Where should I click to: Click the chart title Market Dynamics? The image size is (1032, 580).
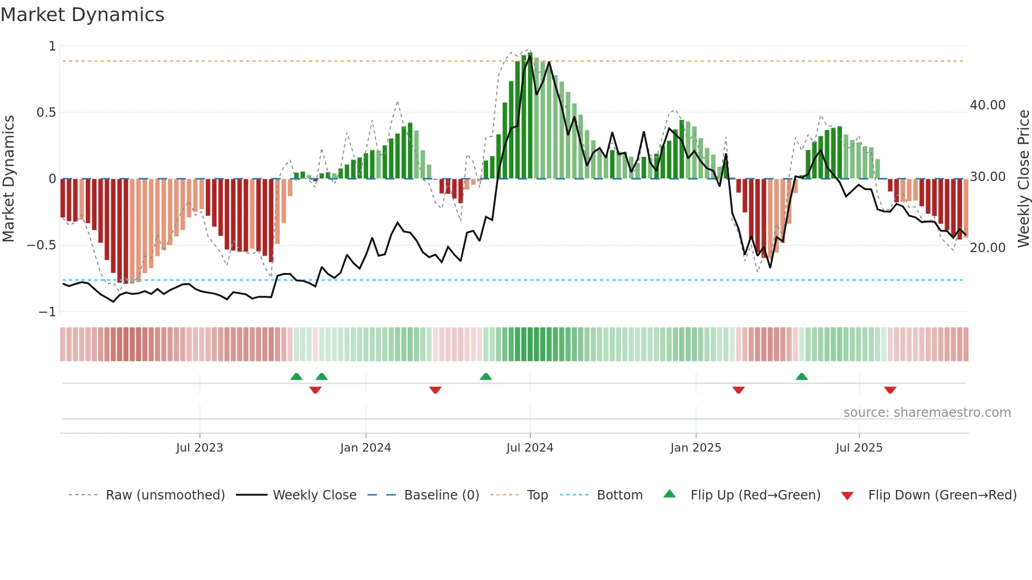point(82,15)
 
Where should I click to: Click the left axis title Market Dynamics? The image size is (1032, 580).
point(8,179)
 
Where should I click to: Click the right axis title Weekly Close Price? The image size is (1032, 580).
point(1023,179)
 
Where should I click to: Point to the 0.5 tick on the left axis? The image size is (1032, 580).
point(46,113)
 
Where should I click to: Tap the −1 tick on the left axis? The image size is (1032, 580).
point(47,312)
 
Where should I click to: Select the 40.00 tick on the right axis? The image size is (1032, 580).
point(987,105)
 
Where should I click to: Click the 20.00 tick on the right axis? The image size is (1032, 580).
point(987,248)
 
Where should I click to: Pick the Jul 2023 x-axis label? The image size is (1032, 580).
point(200,448)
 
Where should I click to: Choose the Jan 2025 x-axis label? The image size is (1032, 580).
point(696,448)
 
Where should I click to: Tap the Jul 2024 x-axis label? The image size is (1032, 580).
point(530,448)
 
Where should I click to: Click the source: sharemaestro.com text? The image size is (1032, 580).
point(927,413)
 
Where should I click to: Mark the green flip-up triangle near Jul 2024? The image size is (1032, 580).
point(486,377)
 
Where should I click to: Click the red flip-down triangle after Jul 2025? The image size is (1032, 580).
point(890,390)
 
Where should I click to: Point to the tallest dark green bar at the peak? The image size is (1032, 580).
point(530,116)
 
